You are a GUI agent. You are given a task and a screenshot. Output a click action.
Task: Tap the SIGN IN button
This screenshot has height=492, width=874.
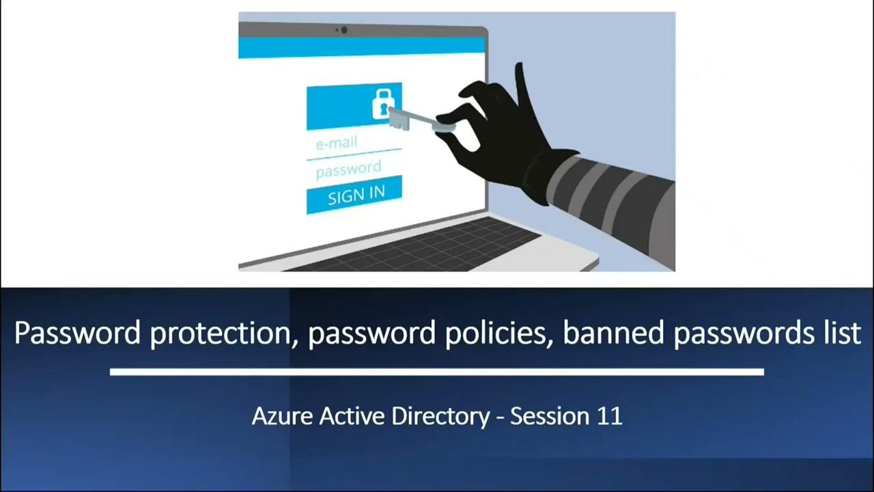coord(354,195)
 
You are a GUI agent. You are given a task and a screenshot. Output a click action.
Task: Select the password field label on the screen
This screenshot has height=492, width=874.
coord(348,169)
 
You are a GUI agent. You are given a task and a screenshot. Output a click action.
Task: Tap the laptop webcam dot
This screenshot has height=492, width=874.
coord(343,30)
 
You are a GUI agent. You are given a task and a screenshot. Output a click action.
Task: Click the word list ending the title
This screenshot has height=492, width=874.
coord(838,333)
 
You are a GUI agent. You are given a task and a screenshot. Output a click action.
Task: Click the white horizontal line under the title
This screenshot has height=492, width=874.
coord(436,372)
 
